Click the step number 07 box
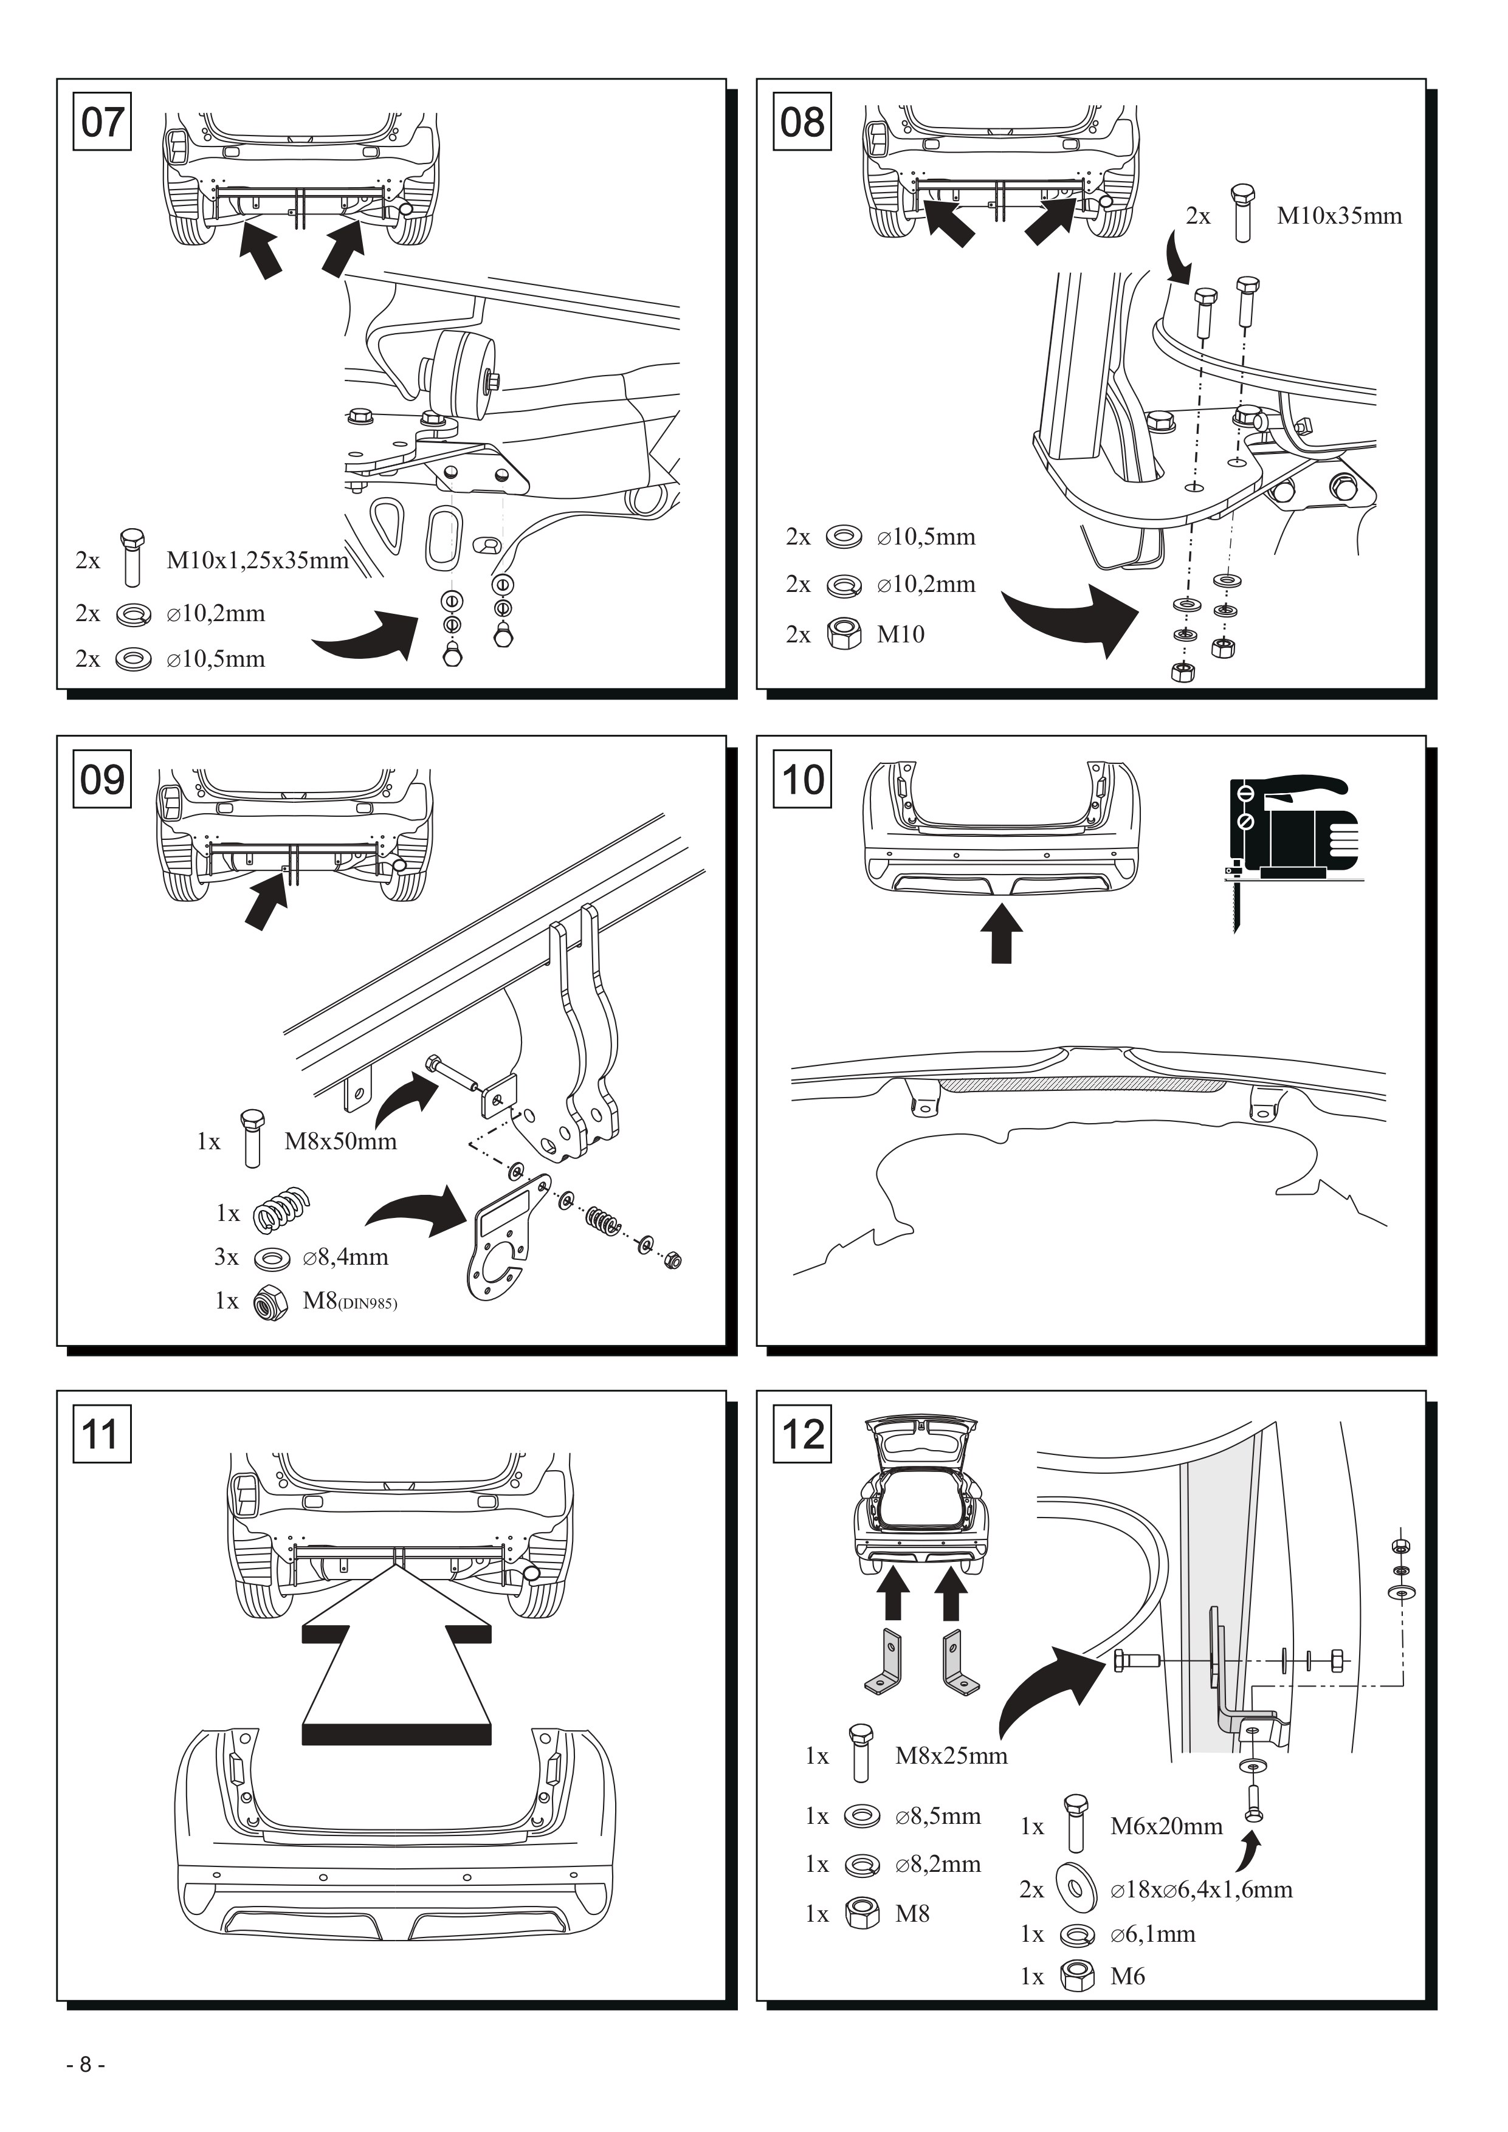[102, 121]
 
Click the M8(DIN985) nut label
[349, 1300]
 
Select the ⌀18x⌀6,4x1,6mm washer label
[1200, 1889]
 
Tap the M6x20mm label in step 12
[1166, 1826]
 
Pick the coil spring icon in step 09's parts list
[281, 1210]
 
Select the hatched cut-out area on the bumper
[1083, 1084]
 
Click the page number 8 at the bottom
[86, 2064]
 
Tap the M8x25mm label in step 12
[951, 1755]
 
